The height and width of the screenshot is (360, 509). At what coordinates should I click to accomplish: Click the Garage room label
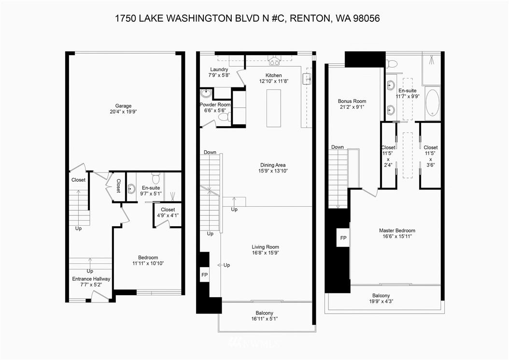click(123, 106)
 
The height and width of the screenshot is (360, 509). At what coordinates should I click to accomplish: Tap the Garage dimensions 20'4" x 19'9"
click(123, 112)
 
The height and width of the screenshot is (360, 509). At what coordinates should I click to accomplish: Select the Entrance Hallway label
click(91, 279)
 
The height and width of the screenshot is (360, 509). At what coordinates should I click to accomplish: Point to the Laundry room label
click(219, 70)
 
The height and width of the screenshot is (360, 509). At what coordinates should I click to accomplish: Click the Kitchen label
click(273, 75)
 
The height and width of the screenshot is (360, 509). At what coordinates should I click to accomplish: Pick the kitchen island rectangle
click(273, 108)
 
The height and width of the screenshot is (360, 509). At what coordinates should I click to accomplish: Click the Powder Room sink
click(206, 93)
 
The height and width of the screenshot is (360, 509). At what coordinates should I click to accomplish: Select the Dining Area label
click(273, 165)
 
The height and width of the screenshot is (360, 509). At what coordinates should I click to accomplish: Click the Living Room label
click(266, 246)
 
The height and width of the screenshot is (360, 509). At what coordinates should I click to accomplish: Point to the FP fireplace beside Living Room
click(204, 275)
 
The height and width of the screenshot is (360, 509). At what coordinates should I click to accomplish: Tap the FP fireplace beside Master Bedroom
click(343, 238)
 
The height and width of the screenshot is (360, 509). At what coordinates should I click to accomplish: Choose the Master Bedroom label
click(397, 230)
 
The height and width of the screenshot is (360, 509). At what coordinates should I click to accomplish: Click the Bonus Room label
click(352, 101)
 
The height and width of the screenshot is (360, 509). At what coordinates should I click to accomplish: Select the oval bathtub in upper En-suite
click(432, 103)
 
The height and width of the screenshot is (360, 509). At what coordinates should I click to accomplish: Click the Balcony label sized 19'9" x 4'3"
click(381, 296)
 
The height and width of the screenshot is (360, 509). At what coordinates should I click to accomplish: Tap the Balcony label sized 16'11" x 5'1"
click(265, 313)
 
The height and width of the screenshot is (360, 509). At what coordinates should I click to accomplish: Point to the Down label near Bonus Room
click(338, 147)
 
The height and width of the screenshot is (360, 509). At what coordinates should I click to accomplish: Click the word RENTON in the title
click(308, 18)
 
